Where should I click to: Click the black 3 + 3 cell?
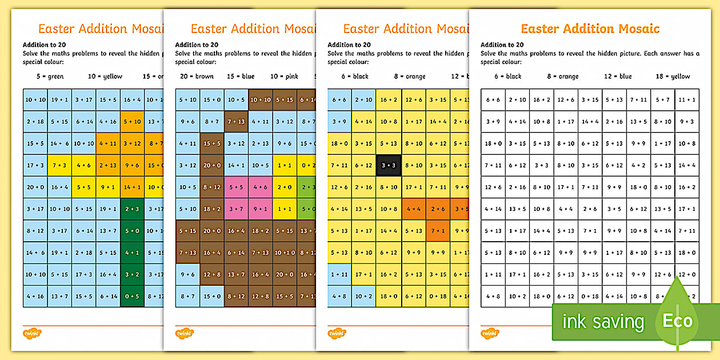(388, 166)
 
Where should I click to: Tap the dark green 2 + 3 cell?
(132, 209)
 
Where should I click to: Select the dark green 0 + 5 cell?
(132, 296)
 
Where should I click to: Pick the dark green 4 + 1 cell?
(132, 253)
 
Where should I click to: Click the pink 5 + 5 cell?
(235, 187)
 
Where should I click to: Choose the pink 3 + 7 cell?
(235, 209)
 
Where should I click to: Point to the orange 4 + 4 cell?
(414, 209)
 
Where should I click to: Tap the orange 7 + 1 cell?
(438, 231)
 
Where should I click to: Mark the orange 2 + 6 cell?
(438, 209)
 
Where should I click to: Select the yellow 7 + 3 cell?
(59, 166)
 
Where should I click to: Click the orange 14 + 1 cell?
(132, 187)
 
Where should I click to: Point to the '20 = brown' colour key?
(197, 77)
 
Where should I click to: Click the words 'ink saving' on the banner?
(603, 322)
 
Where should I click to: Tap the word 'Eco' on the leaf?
(678, 321)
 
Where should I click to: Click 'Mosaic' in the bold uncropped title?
(636, 29)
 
